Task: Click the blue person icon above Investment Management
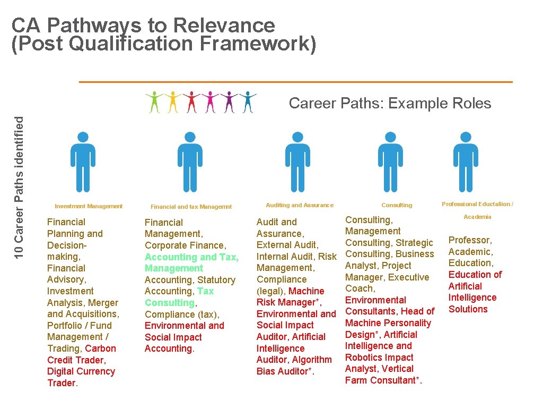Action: click(x=83, y=161)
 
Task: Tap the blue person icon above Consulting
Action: click(x=390, y=161)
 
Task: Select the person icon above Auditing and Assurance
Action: click(x=297, y=161)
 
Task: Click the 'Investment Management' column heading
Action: click(x=89, y=206)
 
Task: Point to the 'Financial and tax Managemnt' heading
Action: click(x=191, y=207)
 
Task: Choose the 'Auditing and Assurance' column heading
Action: click(x=300, y=205)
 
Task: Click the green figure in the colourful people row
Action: click(x=155, y=102)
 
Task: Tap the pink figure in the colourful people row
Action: click(x=211, y=102)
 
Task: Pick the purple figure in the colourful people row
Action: click(x=229, y=102)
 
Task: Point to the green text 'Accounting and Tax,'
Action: click(x=191, y=257)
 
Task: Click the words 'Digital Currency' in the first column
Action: click(x=81, y=371)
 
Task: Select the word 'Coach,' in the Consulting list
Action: click(x=360, y=288)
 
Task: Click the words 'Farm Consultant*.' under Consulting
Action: click(x=383, y=380)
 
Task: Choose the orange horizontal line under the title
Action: click(x=295, y=82)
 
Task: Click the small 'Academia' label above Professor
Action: click(x=477, y=217)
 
